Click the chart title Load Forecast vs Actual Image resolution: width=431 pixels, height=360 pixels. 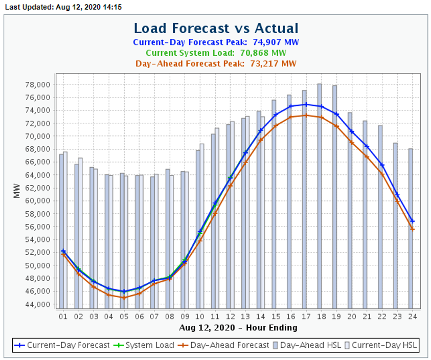tap(216, 28)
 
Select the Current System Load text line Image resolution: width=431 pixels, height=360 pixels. tap(216, 53)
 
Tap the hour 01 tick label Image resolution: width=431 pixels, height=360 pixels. tap(63, 316)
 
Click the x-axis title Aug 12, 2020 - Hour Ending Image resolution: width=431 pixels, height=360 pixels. tap(238, 327)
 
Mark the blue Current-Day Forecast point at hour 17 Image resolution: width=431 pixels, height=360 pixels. tap(305, 104)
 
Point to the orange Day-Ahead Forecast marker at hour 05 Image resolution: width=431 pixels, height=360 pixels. tap(123, 298)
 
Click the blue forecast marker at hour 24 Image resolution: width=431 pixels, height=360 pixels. tap(412, 221)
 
